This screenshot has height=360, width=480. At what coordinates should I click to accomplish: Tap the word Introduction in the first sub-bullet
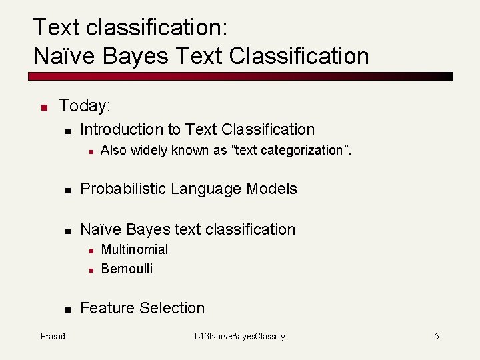point(121,129)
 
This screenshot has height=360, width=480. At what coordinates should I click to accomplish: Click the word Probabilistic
point(123,189)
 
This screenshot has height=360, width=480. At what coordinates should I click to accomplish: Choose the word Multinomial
point(134,249)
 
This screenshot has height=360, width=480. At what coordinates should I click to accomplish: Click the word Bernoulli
point(127,269)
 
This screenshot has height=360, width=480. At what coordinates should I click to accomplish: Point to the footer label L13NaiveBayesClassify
point(239,336)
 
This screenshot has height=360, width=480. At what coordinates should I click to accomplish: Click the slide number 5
point(437,336)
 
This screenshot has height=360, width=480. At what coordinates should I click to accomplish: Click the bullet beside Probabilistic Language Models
point(67,191)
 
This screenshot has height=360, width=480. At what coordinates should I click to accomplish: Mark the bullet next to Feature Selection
point(67,309)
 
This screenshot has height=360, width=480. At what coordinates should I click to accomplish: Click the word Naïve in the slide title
point(61,56)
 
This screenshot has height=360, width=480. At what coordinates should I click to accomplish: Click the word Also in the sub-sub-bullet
point(113,151)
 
